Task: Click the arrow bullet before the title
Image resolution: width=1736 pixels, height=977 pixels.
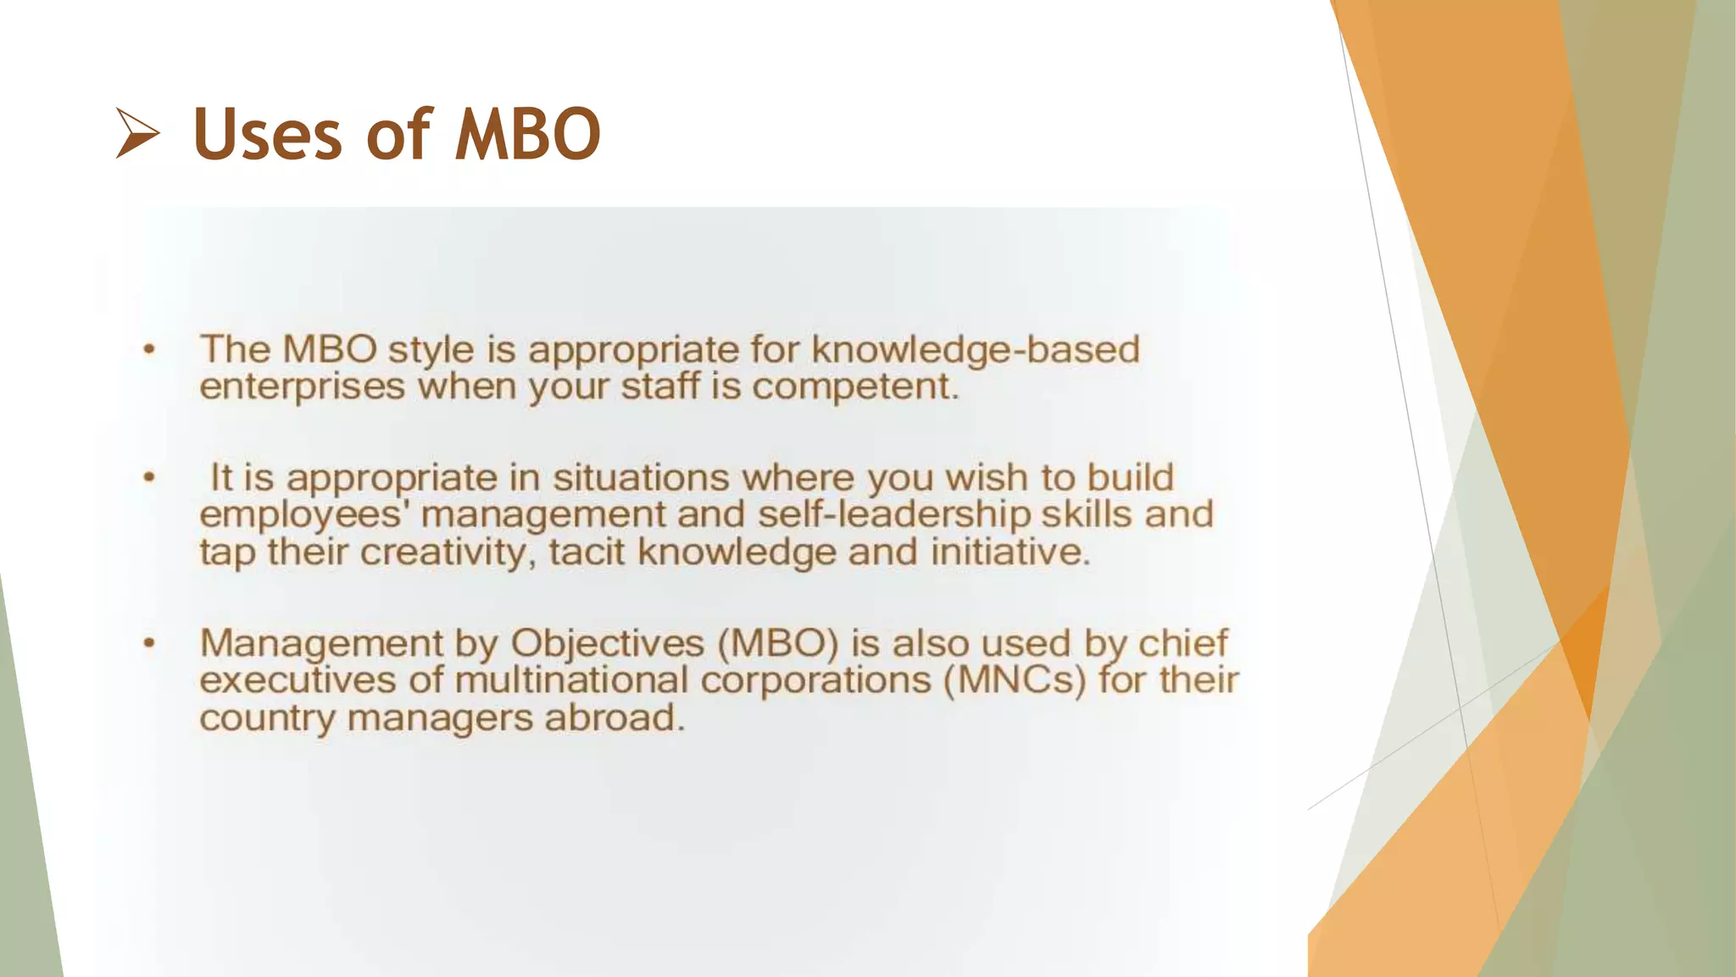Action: [x=137, y=134]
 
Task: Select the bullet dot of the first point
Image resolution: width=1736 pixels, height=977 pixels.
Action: [x=149, y=349]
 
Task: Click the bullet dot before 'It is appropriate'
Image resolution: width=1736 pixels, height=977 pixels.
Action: [x=149, y=477]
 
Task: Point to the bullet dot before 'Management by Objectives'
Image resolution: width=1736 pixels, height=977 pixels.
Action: [x=149, y=643]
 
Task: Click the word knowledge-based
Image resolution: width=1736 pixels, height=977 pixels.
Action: [x=975, y=350]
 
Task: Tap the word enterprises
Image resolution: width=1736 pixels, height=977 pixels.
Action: [x=303, y=388]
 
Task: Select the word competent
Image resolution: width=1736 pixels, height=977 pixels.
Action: [x=854, y=388]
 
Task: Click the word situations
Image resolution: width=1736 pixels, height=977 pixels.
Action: [x=641, y=477]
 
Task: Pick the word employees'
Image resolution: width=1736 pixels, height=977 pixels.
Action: [x=305, y=515]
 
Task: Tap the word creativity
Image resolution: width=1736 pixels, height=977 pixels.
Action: [x=448, y=553]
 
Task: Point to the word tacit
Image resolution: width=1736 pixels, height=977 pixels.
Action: [x=587, y=553]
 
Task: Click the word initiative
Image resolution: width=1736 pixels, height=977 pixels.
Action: [x=1010, y=553]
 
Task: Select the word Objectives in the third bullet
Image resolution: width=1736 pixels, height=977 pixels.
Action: [x=607, y=643]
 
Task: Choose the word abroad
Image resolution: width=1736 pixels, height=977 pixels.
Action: [x=614, y=718]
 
